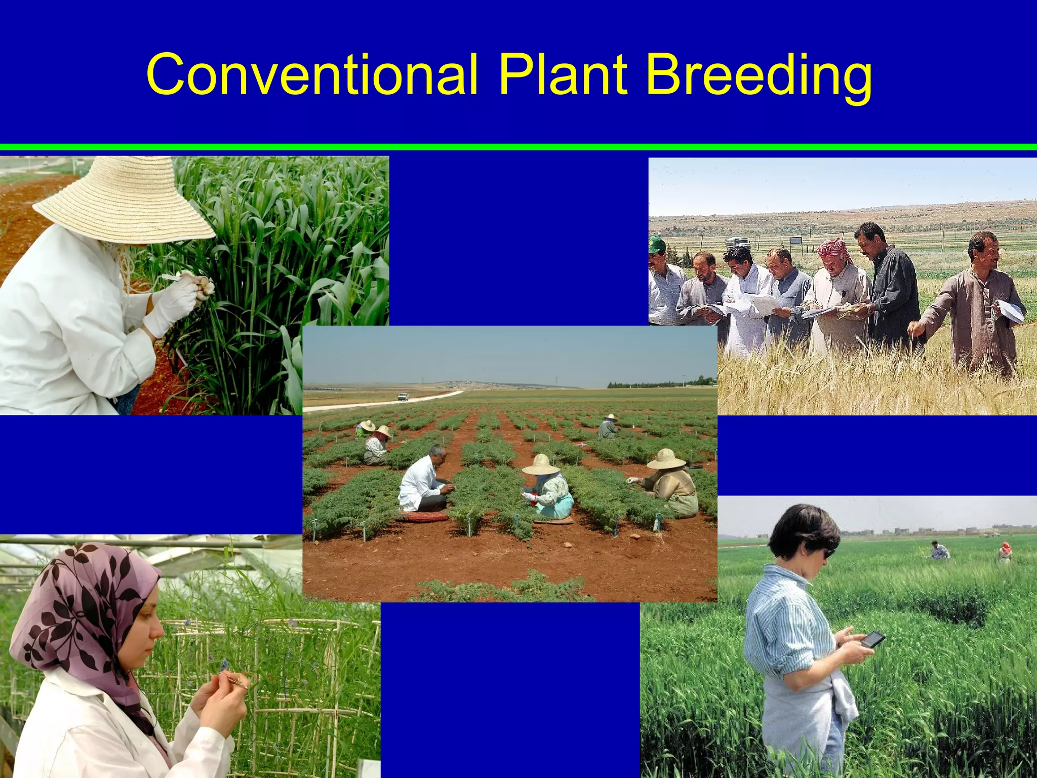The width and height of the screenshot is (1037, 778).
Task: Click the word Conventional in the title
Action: pos(311,74)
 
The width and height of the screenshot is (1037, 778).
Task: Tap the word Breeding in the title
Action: pos(759,76)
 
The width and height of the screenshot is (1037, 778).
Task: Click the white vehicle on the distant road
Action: pos(403,397)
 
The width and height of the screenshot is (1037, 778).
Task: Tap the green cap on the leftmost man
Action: pos(657,244)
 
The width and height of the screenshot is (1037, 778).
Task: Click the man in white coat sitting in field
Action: pos(423,479)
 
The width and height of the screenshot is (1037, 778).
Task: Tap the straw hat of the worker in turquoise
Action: pos(540,464)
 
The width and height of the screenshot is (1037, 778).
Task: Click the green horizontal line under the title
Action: pos(518,147)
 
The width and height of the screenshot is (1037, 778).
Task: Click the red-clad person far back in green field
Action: pos(1005,551)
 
